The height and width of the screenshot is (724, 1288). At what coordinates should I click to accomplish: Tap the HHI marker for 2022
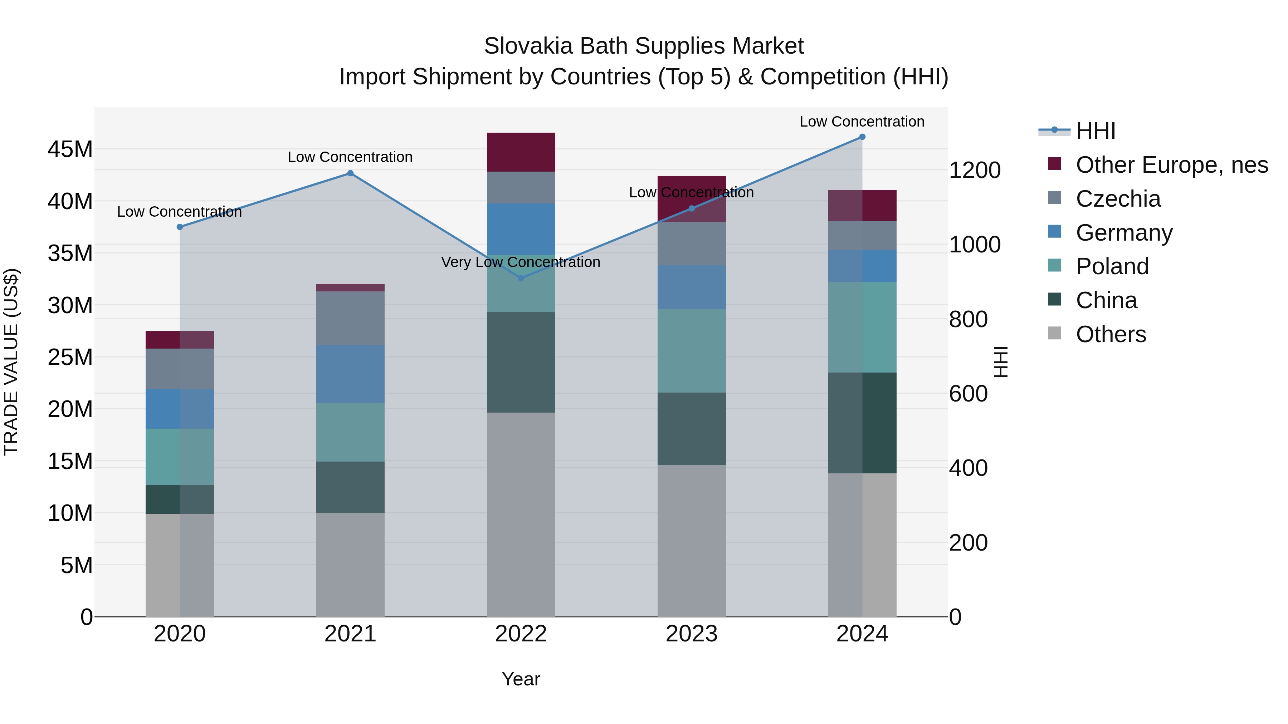point(521,278)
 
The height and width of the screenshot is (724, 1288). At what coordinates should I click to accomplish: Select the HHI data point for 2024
point(862,137)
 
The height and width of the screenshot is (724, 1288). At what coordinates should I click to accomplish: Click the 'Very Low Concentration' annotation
point(521,262)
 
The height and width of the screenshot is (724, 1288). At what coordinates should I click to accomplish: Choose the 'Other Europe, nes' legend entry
point(1171,165)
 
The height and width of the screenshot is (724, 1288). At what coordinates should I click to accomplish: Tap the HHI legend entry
point(1095,131)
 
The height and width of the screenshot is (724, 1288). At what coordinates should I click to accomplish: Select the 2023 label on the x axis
point(692,634)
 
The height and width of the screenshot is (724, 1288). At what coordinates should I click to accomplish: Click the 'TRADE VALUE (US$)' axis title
point(11,362)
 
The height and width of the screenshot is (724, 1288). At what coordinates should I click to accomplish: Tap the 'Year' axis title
point(521,679)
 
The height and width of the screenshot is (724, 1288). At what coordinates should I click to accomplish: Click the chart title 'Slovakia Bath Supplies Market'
point(644,46)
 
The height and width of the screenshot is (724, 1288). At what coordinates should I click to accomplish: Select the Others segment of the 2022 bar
point(521,514)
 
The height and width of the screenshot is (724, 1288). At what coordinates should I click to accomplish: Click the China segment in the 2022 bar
point(521,362)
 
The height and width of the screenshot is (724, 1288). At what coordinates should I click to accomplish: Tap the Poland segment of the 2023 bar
point(692,350)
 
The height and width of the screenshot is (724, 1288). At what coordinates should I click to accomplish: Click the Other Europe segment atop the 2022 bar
point(521,152)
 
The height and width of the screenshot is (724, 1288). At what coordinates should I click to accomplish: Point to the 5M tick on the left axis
point(77,565)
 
